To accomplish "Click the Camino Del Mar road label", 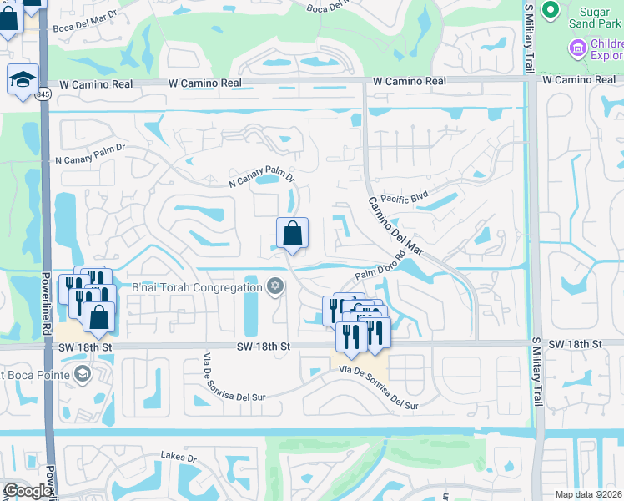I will pos(396,225).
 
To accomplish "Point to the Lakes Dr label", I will pos(179,458).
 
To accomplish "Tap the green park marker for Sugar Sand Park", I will pos(550,9).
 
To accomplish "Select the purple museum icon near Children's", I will pos(576,49).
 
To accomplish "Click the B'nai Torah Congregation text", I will pos(196,288).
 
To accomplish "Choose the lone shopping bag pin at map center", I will pos(292,235).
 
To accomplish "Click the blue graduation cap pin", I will pos(22,79).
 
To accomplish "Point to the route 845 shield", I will pos(43,95).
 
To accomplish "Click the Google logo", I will pos(27,491).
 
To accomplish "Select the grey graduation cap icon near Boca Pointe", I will pos(82,373).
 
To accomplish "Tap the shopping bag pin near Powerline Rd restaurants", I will pos(98,318).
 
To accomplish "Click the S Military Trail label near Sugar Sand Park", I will pos(528,38).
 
